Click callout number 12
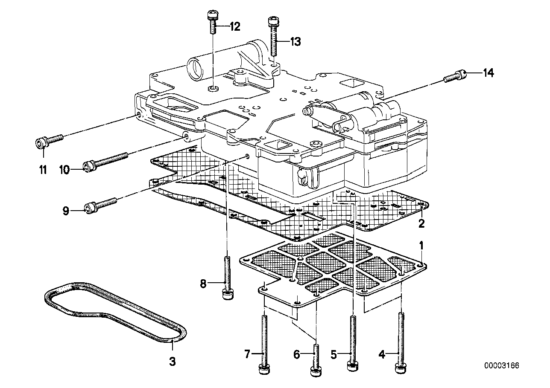[235, 27]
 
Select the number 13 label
[295, 41]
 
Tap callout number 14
[489, 73]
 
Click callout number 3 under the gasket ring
[172, 362]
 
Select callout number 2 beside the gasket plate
[421, 223]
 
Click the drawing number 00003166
[502, 365]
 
